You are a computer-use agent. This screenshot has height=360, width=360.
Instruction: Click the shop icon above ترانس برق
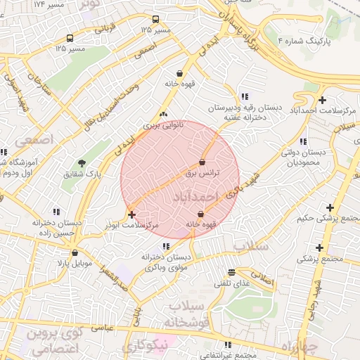pyautogui.click(x=202, y=162)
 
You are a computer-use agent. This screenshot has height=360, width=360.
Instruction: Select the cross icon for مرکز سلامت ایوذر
pyautogui.click(x=131, y=214)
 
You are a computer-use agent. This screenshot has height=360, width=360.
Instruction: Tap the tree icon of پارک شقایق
pyautogui.click(x=82, y=163)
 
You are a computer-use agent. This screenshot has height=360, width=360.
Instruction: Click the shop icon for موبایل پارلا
pyautogui.click(x=75, y=252)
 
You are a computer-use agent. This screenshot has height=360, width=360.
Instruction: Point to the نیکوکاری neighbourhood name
pyautogui.click(x=146, y=345)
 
